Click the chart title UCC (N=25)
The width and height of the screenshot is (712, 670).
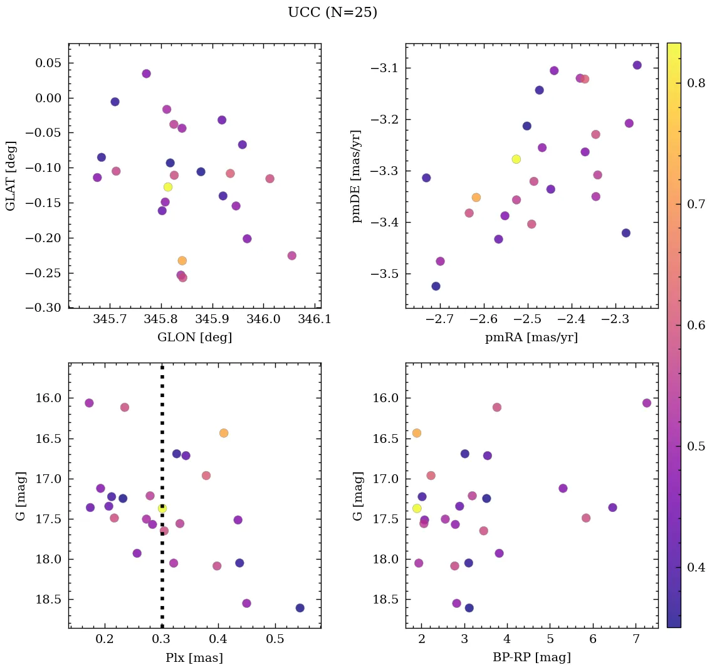coord(332,13)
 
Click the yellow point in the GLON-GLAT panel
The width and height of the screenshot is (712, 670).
coord(168,187)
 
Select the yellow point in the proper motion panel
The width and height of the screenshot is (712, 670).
coord(516,159)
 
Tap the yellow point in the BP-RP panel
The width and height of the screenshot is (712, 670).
coord(417,508)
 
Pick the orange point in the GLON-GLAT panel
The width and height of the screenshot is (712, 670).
coord(182,260)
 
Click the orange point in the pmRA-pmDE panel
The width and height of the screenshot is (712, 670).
coord(476,198)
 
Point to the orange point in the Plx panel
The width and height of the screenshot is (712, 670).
coord(224,433)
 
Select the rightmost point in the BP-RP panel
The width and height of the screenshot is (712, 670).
coord(647,403)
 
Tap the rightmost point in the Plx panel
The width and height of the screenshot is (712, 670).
coord(300,608)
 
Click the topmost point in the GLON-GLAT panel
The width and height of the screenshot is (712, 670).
coord(146,73)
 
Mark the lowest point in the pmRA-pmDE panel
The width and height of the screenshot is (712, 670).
coord(436,286)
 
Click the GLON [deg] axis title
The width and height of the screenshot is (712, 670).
coord(194,338)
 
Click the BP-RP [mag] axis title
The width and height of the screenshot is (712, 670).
coord(531,657)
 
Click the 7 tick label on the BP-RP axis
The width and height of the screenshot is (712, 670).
coord(636,640)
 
